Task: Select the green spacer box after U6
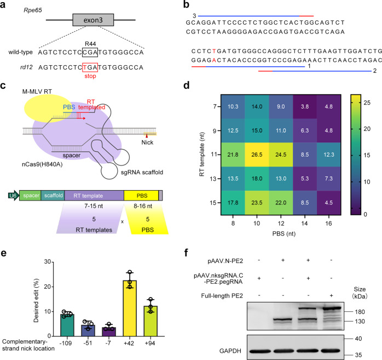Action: [30, 194]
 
